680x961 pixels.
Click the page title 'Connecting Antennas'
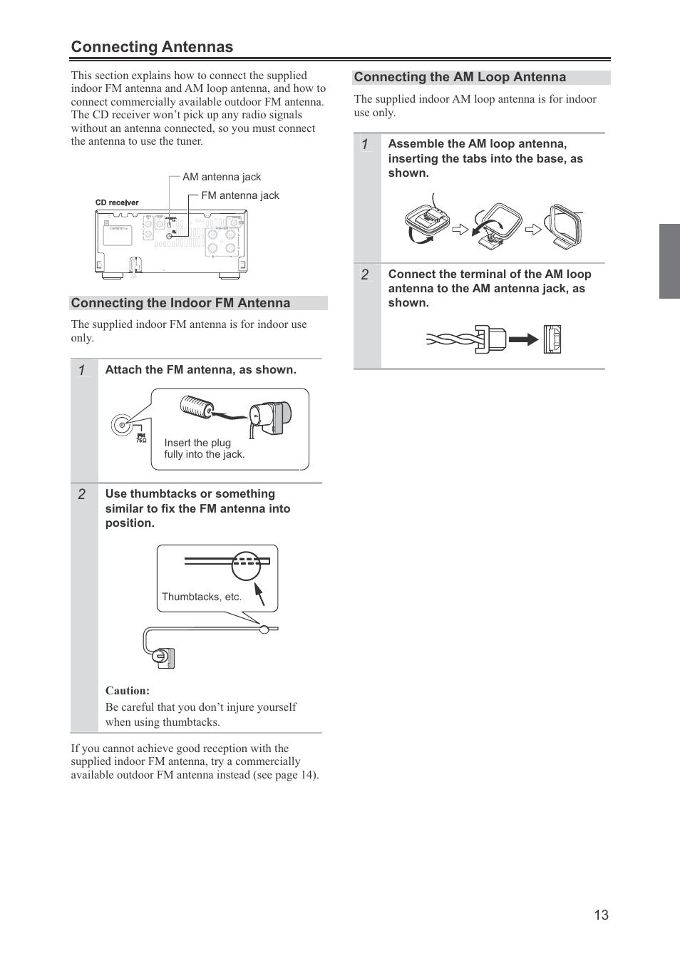pyautogui.click(x=152, y=47)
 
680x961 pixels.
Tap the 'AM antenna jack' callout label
pyautogui.click(x=222, y=177)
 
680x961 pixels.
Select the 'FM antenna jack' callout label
pyautogui.click(x=240, y=195)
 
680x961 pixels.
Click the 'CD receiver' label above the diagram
pyautogui.click(x=117, y=202)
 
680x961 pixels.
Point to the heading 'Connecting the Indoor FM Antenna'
pyautogui.click(x=180, y=303)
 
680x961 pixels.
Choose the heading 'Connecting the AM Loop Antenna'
pyautogui.click(x=460, y=77)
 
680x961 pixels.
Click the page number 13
pyautogui.click(x=601, y=915)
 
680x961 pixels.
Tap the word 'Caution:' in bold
pyautogui.click(x=128, y=690)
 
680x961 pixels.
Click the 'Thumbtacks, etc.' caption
pyautogui.click(x=202, y=597)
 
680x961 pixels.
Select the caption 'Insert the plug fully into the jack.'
pyautogui.click(x=204, y=448)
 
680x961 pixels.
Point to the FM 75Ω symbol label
pyautogui.click(x=141, y=438)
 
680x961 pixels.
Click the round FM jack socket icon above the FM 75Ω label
pyautogui.click(x=121, y=425)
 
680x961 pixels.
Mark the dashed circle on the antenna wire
pyautogui.click(x=246, y=566)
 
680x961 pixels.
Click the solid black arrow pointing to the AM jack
pyautogui.click(x=523, y=339)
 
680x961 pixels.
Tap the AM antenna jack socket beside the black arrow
pyautogui.click(x=552, y=339)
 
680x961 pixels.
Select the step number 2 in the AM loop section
pyautogui.click(x=365, y=274)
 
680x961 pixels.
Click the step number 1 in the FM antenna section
pyautogui.click(x=82, y=370)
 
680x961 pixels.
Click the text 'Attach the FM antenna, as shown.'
pyautogui.click(x=200, y=369)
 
